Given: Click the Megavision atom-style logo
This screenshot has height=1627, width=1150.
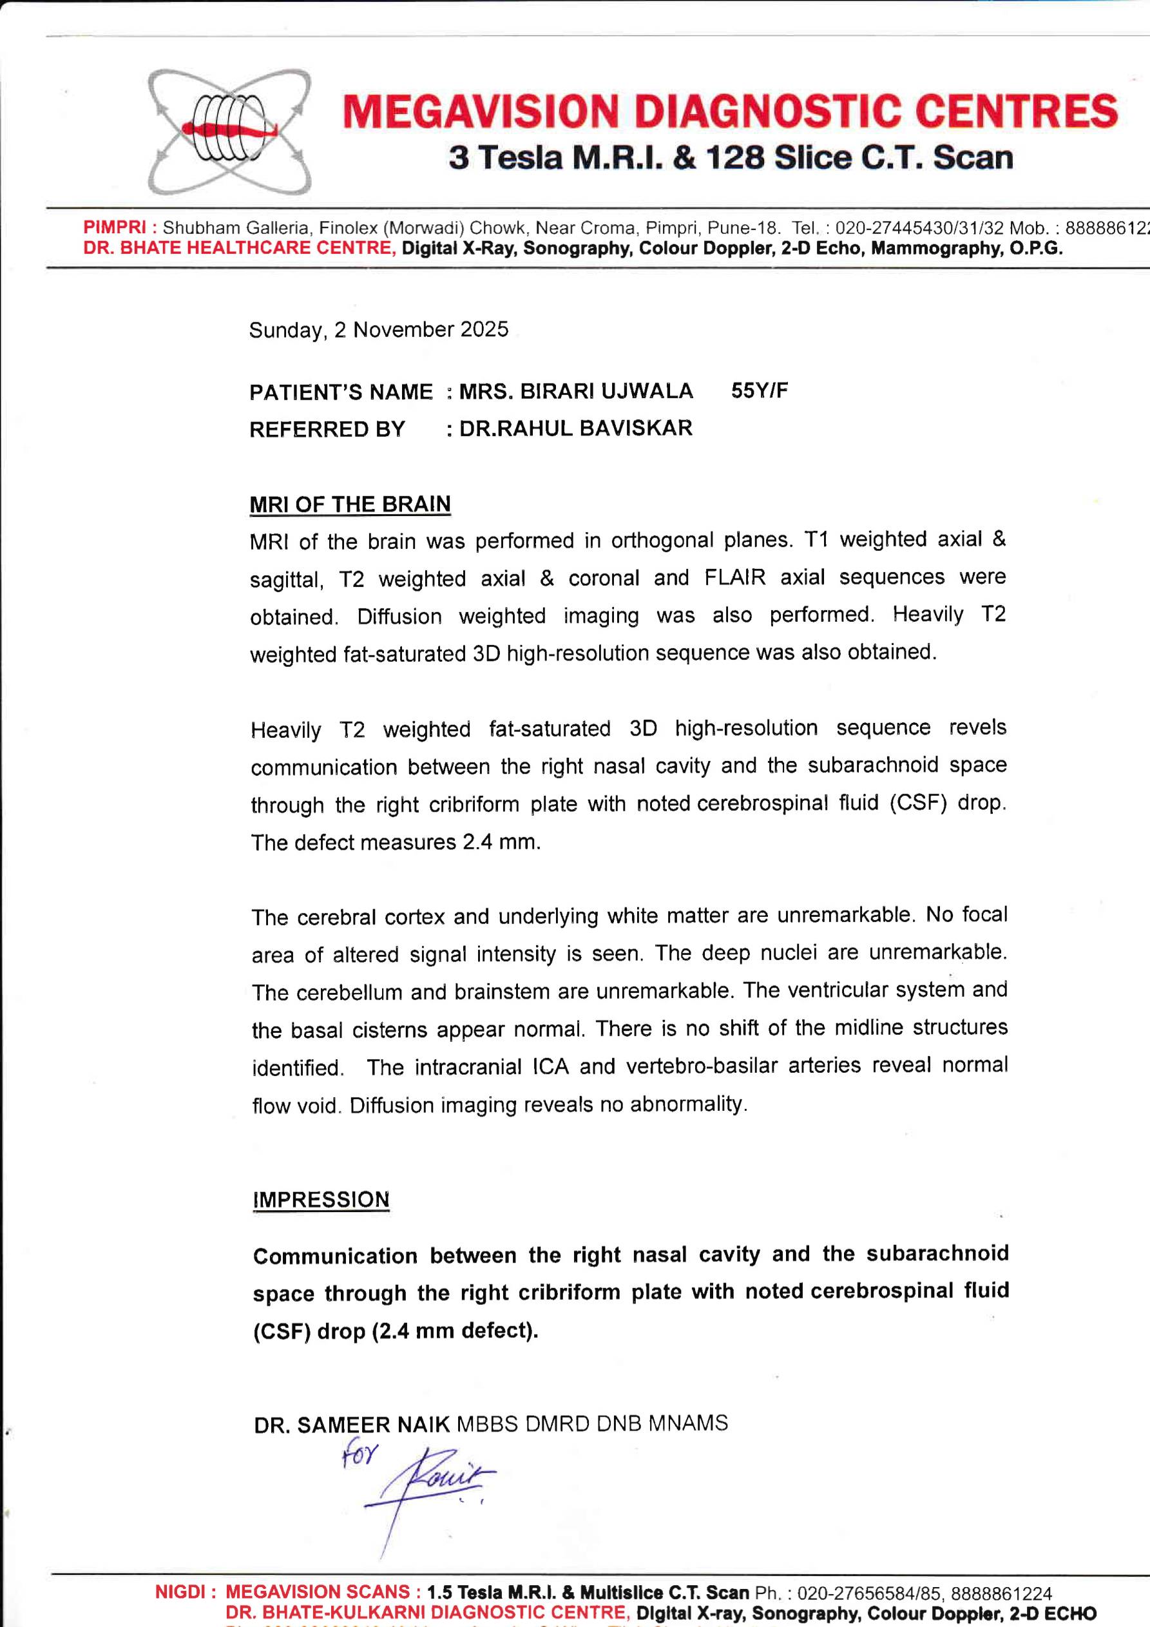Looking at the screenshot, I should click(x=229, y=131).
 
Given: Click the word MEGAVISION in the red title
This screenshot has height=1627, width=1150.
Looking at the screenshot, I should click(x=481, y=112).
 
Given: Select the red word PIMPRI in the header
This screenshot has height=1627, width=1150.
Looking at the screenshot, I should click(x=114, y=227).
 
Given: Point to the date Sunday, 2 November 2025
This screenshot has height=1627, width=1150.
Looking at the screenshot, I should click(x=378, y=329).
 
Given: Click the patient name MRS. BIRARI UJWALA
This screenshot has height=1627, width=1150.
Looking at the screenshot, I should click(x=575, y=391).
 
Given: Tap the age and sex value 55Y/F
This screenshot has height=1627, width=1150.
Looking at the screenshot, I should click(x=759, y=390).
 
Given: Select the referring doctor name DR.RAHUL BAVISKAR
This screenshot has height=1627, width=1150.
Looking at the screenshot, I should click(x=575, y=428).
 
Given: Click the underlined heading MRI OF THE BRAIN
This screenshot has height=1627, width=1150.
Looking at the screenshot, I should click(x=350, y=504).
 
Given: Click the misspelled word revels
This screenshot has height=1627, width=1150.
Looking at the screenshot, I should click(x=977, y=727).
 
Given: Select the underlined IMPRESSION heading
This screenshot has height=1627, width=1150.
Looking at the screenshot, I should click(x=321, y=1200).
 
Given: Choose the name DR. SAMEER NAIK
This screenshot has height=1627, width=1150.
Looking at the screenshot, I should click(x=352, y=1424).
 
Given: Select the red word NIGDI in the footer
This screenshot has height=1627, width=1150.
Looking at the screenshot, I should click(x=179, y=1592).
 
